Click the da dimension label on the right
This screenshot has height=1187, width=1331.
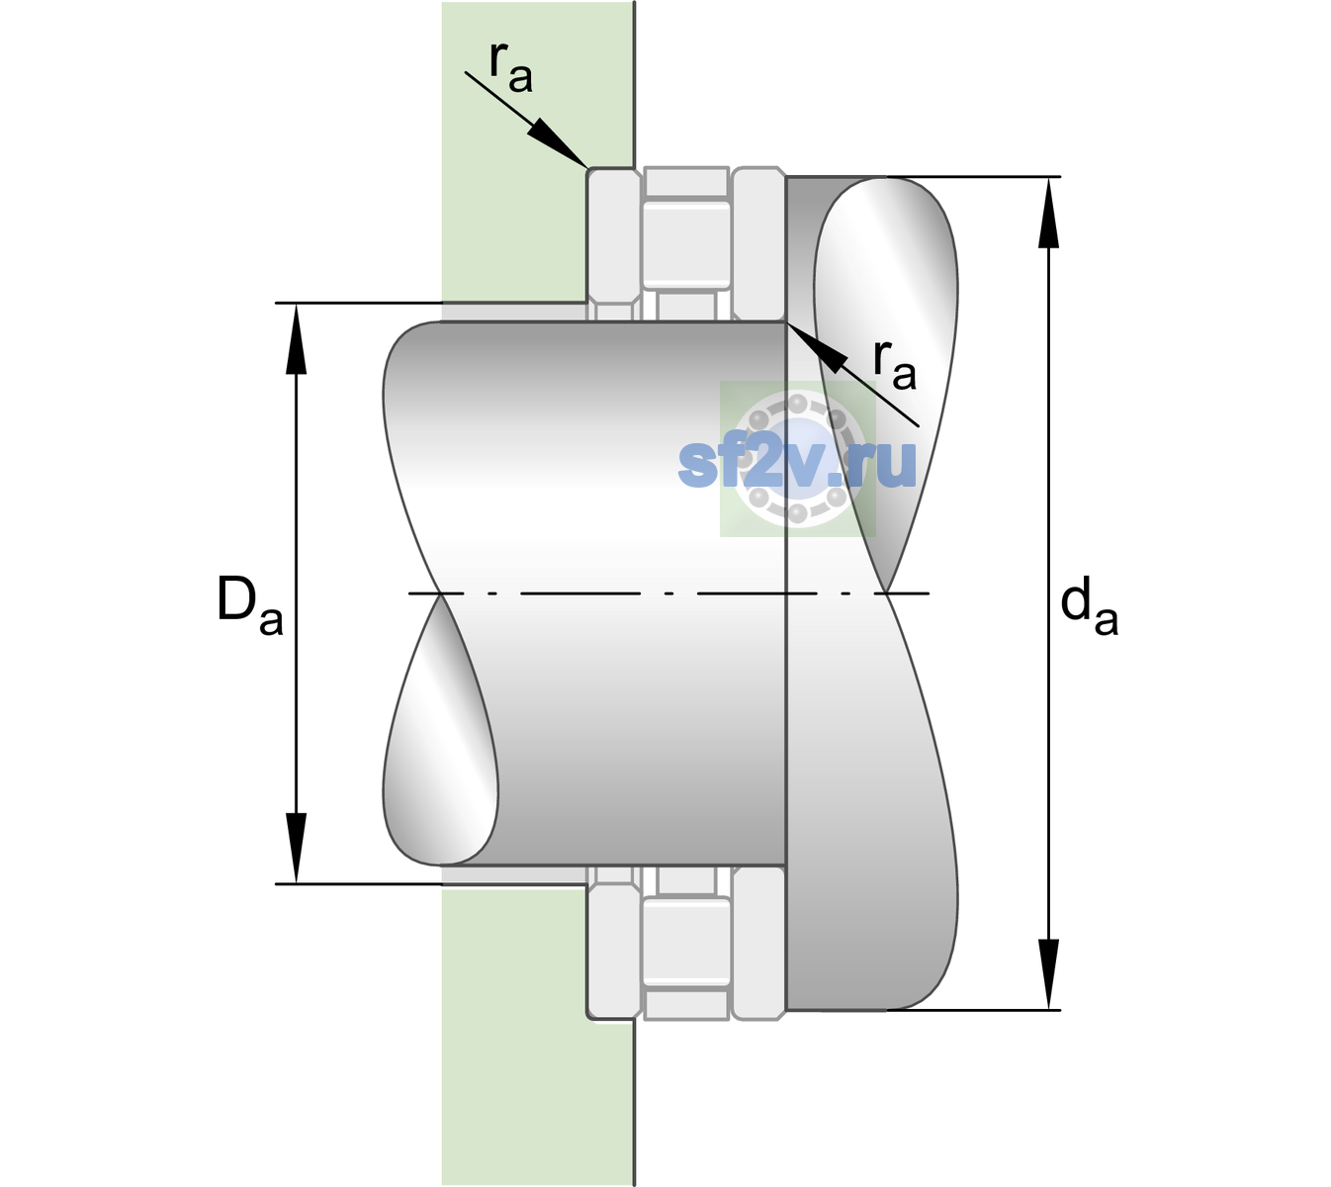(1089, 606)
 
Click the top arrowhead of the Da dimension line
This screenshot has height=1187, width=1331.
(297, 338)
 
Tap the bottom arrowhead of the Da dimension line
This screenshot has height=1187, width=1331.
(297, 848)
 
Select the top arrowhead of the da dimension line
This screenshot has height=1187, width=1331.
(1048, 213)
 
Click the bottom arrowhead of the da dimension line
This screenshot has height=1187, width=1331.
(1048, 973)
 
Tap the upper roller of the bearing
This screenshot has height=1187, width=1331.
(686, 245)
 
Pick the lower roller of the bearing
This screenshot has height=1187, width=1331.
(686, 941)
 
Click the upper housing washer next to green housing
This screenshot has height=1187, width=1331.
(614, 244)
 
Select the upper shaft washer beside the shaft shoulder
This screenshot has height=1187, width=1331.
(758, 244)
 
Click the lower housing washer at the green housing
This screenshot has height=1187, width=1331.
(614, 942)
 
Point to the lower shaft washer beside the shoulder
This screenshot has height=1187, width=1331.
(758, 942)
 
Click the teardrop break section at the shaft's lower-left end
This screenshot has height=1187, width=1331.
(440, 730)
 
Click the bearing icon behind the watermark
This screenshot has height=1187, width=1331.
(798, 459)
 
